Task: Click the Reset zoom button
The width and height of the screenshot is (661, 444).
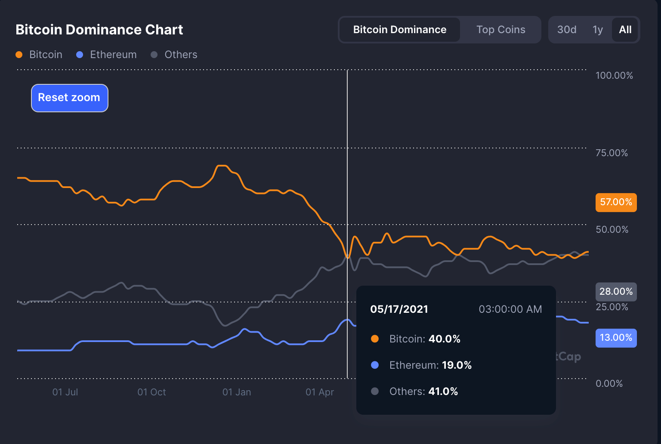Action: coord(69,98)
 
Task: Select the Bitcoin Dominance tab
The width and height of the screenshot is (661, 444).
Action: coord(399,30)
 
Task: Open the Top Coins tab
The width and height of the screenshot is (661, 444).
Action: coord(500,30)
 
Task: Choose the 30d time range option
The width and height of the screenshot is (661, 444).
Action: coord(566,30)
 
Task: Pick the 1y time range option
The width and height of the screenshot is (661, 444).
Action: coord(597,30)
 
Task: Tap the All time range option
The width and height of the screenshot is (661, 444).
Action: coord(625,30)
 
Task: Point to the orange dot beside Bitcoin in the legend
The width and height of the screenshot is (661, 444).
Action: coord(19,55)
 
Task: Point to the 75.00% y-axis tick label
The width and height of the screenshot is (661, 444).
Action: coord(612,153)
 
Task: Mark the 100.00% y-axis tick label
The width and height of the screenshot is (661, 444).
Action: coord(614,75)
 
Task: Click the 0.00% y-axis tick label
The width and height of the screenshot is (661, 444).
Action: coord(609,383)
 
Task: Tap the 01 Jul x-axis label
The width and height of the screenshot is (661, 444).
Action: coord(65,392)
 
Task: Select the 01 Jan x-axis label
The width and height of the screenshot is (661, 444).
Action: coord(236,392)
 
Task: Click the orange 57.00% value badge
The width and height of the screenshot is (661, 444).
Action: coord(616,202)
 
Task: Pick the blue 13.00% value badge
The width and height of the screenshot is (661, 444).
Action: coord(616,338)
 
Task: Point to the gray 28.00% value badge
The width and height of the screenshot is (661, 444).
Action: coord(616,292)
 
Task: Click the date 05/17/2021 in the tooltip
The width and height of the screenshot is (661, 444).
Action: coord(399,309)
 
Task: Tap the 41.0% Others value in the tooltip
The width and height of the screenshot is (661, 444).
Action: coord(443,391)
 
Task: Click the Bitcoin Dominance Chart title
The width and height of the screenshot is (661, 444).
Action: coord(99,30)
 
